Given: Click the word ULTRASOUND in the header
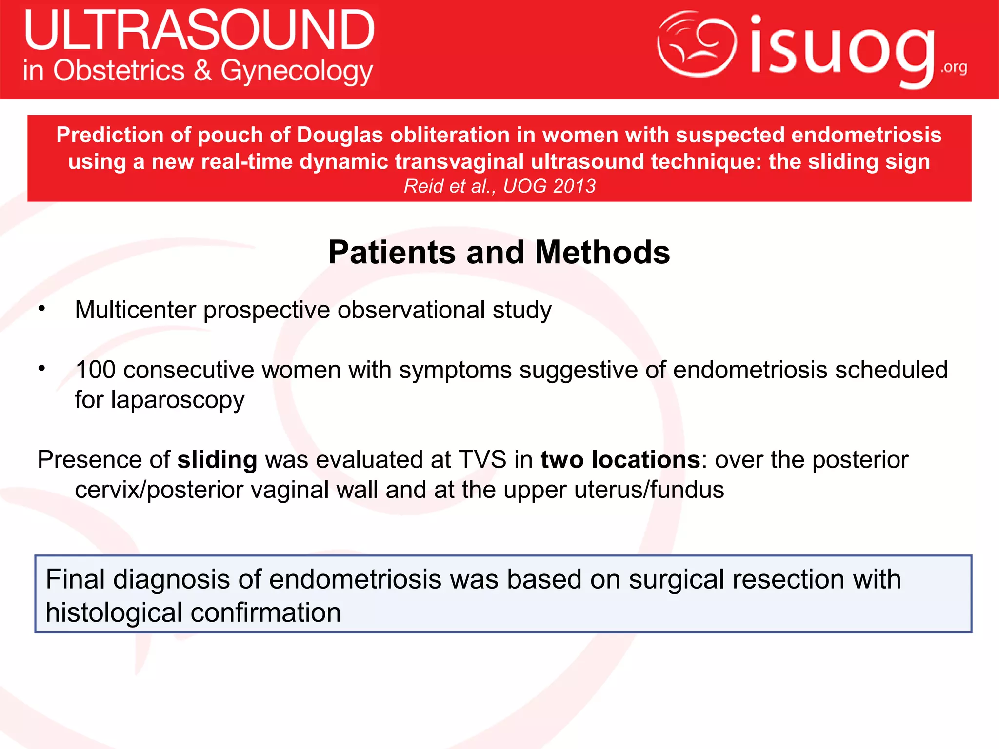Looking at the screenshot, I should click(199, 30).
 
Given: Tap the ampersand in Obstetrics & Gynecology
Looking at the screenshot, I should click(202, 70).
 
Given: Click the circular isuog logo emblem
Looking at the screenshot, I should click(697, 44).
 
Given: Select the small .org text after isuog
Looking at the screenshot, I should click(954, 67).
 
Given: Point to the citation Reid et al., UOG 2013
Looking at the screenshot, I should click(499, 186).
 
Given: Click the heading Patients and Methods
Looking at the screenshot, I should click(499, 253).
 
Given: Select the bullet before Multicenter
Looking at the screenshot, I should click(42, 309).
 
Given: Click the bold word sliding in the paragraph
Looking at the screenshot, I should click(217, 460).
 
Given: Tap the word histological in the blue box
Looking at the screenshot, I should click(114, 613).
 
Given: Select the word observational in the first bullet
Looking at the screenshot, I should click(411, 310).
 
